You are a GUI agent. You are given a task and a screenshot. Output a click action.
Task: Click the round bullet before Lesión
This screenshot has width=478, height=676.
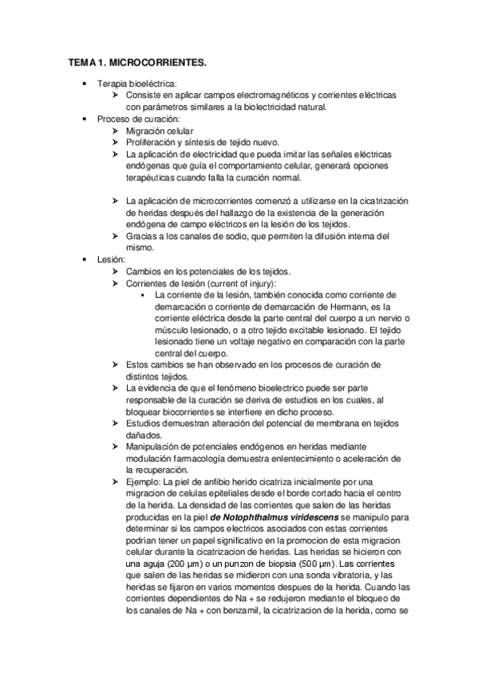(x=85, y=259)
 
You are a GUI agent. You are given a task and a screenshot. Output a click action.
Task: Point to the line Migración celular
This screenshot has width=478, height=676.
(x=160, y=130)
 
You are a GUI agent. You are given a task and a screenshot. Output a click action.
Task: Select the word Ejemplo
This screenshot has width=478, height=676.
(x=143, y=482)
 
